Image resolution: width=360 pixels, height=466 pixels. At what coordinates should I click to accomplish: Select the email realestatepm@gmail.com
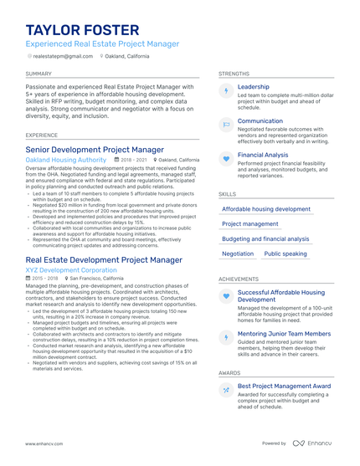[63, 56]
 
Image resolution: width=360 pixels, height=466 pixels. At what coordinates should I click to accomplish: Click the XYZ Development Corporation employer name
[71, 271]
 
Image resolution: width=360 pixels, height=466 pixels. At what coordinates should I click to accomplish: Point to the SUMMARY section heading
[39, 74]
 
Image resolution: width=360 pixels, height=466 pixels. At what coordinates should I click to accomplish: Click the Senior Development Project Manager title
[95, 149]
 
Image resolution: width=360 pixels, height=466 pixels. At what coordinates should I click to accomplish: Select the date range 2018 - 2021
[134, 159]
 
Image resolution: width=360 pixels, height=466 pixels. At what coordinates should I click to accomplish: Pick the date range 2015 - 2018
[46, 279]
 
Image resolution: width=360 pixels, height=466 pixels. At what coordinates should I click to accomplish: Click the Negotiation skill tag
[238, 253]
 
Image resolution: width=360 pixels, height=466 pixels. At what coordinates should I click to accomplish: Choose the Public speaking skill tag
[285, 253]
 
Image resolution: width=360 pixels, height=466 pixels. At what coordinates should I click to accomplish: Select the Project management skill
[250, 224]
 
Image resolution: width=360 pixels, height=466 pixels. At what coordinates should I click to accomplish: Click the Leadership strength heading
[254, 86]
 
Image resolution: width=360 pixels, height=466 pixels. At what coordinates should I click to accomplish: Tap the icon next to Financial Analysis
[226, 158]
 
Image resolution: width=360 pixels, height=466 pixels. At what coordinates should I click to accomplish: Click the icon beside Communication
[226, 124]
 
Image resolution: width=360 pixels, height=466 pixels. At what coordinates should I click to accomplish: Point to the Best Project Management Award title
[284, 386]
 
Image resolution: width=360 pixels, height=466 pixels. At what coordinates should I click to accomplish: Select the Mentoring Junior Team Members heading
[284, 334]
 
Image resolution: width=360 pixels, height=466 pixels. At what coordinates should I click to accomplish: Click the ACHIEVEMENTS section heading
[238, 279]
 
